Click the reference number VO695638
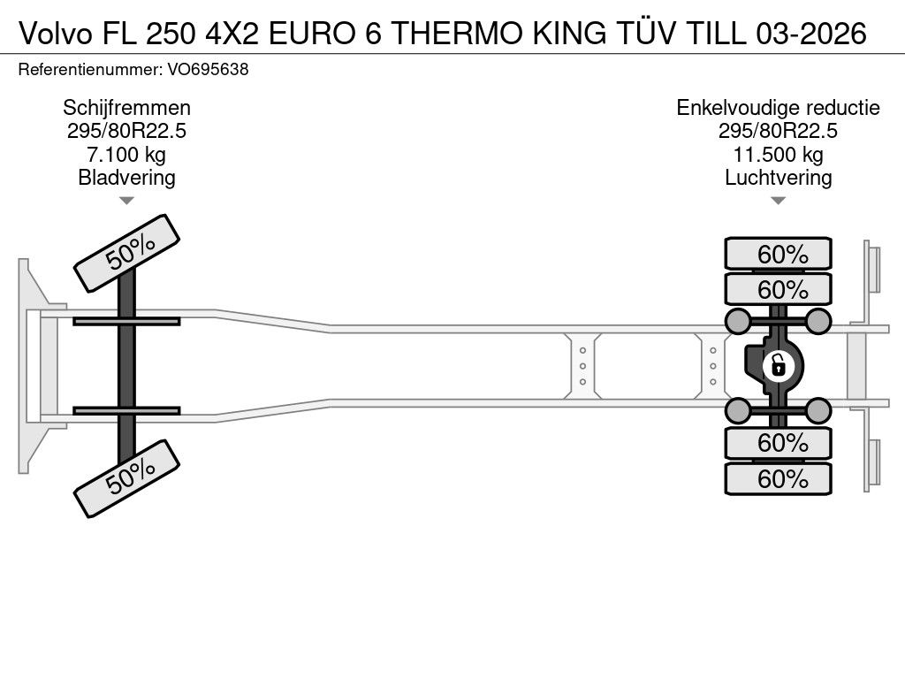click(208, 69)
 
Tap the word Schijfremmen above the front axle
click(126, 107)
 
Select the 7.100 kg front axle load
click(126, 154)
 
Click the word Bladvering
click(126, 177)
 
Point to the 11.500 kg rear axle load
click(778, 154)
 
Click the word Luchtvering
click(778, 177)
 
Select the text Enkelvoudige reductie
click(778, 107)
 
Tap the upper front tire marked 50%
click(127, 254)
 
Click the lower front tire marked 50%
click(127, 478)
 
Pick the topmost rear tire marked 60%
click(778, 254)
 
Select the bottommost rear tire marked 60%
click(778, 478)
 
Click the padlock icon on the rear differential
click(778, 366)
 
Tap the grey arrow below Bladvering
click(126, 201)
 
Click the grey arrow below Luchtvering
click(778, 201)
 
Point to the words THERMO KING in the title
click(498, 33)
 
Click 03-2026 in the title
click(810, 33)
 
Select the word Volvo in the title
click(55, 33)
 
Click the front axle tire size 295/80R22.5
click(126, 131)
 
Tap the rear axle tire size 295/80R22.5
click(778, 131)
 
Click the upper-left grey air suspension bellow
click(738, 321)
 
